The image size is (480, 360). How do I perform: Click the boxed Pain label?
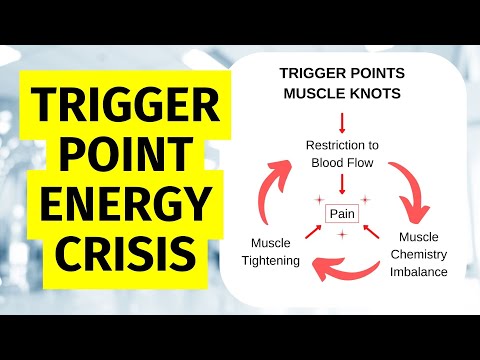341,213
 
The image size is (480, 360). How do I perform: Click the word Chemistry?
420,254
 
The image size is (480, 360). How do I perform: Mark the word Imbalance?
420,271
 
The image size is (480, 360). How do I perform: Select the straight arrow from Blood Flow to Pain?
341,184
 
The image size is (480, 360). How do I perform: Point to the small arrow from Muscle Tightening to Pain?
308,234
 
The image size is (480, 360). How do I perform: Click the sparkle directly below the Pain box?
341,235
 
